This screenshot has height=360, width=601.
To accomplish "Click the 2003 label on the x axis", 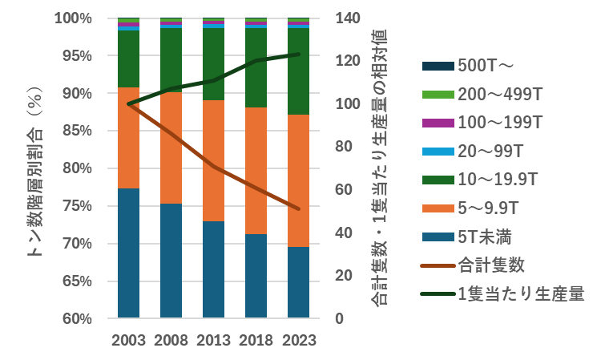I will [128, 340].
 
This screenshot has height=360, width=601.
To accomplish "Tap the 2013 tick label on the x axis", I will [213, 340].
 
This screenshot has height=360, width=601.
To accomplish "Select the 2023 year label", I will [299, 340].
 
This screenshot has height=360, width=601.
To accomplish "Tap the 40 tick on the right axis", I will [342, 233].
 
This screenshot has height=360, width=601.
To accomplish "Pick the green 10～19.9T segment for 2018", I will [256, 67].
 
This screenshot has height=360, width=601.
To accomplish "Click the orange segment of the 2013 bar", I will [213, 160].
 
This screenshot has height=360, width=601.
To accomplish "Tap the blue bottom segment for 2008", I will [171, 261].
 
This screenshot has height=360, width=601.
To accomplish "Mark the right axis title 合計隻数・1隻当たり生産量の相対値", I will [379, 168].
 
